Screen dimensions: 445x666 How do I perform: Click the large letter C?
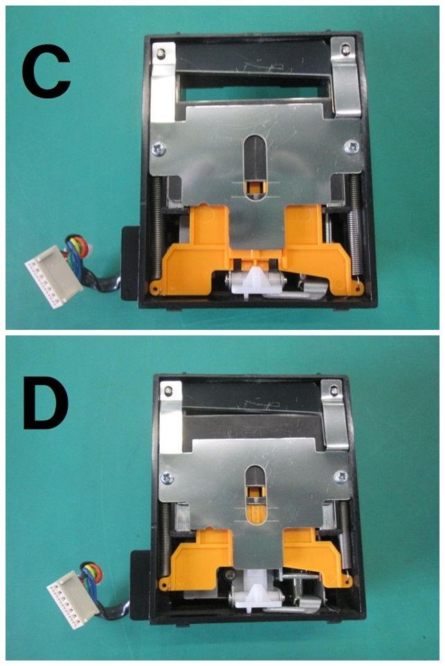(46, 71)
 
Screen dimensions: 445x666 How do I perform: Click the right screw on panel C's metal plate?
(352, 147)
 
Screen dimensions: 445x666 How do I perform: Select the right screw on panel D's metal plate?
(341, 477)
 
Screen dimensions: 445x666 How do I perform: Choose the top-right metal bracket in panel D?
(336, 414)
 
